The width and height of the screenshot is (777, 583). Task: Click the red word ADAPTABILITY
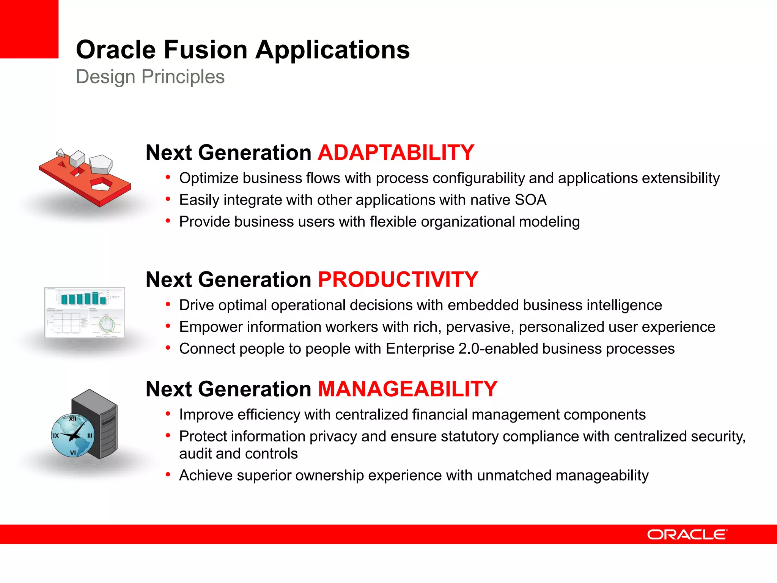pyautogui.click(x=396, y=153)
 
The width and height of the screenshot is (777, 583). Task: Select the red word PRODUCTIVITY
pyautogui.click(x=398, y=280)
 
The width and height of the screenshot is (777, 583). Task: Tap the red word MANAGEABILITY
pyautogui.click(x=407, y=389)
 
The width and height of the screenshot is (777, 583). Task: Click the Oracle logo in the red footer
pyautogui.click(x=687, y=534)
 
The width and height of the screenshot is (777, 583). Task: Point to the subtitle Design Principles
pyautogui.click(x=150, y=77)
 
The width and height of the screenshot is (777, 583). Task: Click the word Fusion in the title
pyautogui.click(x=205, y=50)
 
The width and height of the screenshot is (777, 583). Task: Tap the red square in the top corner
pyautogui.click(x=29, y=29)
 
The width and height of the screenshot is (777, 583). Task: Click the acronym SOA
pyautogui.click(x=530, y=200)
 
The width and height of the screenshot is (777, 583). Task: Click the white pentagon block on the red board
pyautogui.click(x=101, y=164)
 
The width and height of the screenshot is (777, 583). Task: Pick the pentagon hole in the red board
pyautogui.click(x=101, y=184)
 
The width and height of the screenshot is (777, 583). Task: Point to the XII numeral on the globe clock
pyautogui.click(x=72, y=419)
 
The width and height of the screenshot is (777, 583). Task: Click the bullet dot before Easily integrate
pyautogui.click(x=168, y=199)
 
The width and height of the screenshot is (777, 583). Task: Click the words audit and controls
pyautogui.click(x=238, y=454)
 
